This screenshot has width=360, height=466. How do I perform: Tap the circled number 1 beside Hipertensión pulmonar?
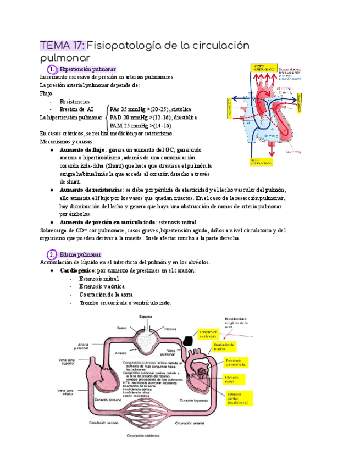coord(51,70)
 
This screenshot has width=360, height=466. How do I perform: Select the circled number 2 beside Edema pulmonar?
coord(51,255)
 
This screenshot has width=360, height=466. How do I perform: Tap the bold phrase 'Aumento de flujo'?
coord(82,150)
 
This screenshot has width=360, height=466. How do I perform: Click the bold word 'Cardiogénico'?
coord(77,271)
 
